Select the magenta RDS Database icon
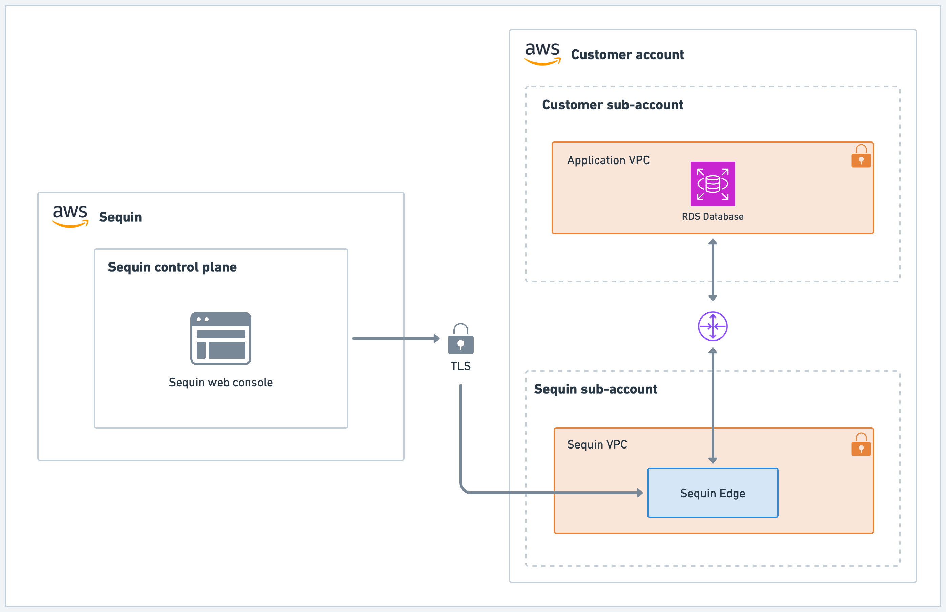pos(713,184)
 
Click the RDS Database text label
pos(713,216)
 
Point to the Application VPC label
pos(608,160)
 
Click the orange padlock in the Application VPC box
pos(861,156)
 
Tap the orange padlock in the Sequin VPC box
pos(861,445)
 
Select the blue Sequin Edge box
pos(713,493)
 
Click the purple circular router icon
pos(713,326)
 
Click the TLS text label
pos(461,366)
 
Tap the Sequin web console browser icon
pos(221,338)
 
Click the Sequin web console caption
pos(221,382)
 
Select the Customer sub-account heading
pos(613,105)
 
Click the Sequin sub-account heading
pos(595,389)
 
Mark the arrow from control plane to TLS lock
pos(395,338)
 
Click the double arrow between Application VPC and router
pos(713,270)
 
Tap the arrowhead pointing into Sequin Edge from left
pos(640,493)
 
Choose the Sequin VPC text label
pos(597,444)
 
